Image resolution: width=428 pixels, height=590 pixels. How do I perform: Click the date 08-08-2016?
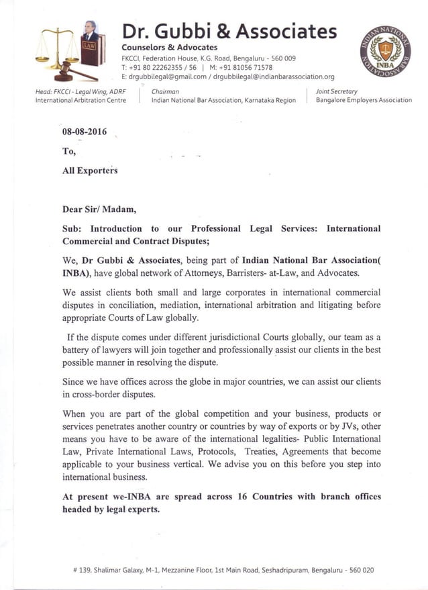point(84,132)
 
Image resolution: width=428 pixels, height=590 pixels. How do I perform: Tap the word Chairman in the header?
point(165,91)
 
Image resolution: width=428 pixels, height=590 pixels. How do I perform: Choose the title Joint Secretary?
point(336,91)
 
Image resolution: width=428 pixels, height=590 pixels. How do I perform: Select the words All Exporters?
point(90,170)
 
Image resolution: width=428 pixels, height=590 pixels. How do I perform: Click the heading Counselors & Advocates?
point(169,47)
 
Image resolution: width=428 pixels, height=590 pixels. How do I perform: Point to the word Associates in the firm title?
point(288,31)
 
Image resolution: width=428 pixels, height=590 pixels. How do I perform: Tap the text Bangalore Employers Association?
point(364,100)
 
